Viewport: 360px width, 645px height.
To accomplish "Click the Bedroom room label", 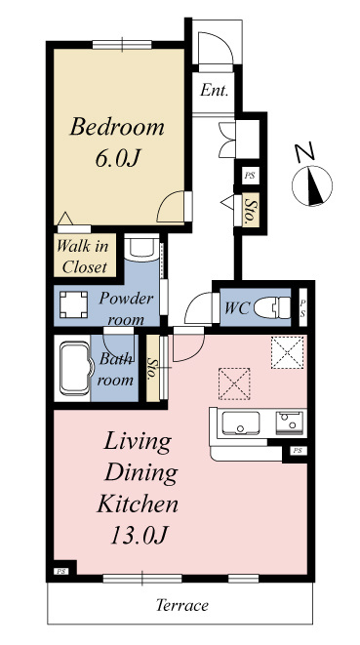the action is pos(117,127).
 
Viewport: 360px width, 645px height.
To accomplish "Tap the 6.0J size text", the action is pos(116,158).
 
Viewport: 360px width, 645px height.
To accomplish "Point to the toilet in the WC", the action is pos(272,307).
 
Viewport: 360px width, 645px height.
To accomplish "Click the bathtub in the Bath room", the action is pos(74,369).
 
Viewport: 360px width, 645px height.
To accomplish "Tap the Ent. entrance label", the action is pos(214,90).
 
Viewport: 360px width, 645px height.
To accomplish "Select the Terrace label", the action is pos(182,605).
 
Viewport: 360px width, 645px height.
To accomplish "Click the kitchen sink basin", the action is pos(241,423).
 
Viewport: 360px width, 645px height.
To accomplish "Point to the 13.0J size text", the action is pos(140,535).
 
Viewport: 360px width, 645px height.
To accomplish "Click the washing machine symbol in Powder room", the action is pos(73,304).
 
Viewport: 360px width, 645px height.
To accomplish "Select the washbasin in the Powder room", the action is pos(141,248).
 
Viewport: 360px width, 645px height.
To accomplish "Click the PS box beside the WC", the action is pos(302,307).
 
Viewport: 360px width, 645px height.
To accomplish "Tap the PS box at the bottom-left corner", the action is pos(61,571).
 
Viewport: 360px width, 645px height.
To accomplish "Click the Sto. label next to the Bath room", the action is pos(152,368).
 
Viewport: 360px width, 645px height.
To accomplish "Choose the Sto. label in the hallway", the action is pos(250,210).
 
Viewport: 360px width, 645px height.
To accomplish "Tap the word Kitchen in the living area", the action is pos(138,504).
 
